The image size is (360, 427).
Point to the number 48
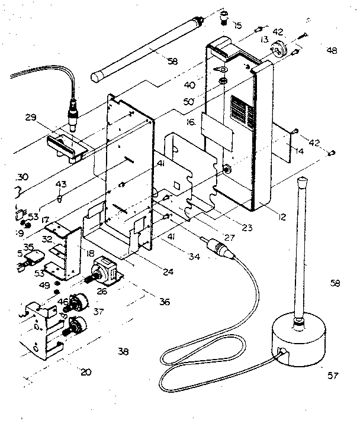point(331,51)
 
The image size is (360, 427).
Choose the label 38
point(123,351)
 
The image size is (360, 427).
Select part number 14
point(300,151)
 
